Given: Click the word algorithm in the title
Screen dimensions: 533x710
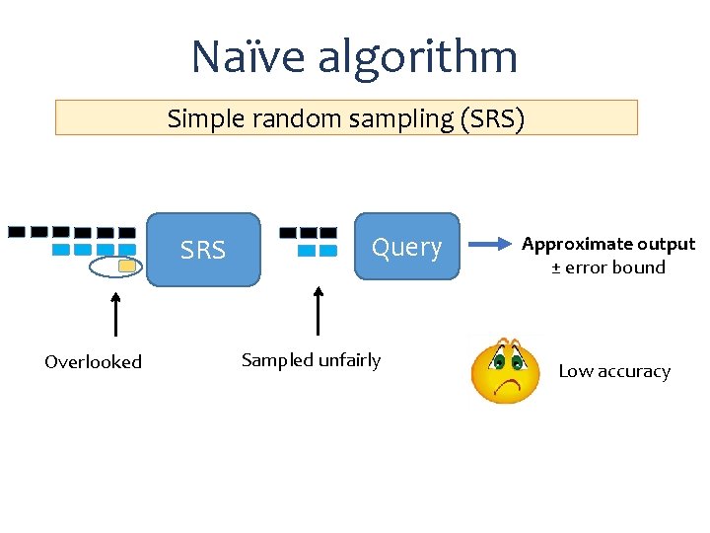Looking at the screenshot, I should [x=417, y=58].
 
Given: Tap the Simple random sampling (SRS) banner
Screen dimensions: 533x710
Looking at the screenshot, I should [x=346, y=117].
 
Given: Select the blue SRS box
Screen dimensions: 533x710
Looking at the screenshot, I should [x=203, y=250].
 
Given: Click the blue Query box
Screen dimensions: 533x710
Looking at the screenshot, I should [x=406, y=247].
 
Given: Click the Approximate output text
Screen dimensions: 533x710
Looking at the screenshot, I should [x=608, y=244].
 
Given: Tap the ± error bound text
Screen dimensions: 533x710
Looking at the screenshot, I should [x=608, y=267].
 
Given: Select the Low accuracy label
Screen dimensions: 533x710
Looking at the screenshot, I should [x=614, y=371].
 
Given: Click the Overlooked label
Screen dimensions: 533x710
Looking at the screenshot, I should [x=93, y=362].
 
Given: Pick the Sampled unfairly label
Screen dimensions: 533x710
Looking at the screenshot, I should [x=311, y=360].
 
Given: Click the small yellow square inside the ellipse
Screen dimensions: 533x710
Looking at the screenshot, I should [x=126, y=266].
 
